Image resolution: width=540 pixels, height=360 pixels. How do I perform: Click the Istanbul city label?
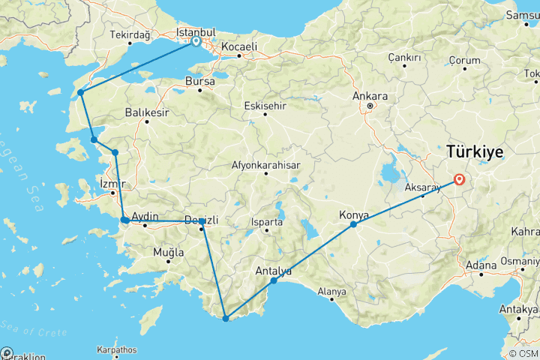[x=196, y=33]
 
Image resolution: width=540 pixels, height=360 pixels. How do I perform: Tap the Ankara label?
[x=372, y=96]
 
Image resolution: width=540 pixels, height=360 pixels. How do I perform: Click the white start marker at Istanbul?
[x=196, y=43]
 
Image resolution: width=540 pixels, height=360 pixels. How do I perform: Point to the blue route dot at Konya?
[x=353, y=224]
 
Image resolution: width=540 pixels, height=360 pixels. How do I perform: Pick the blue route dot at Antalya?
[x=274, y=280]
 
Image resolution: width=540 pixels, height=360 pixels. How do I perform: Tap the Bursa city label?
[x=202, y=81]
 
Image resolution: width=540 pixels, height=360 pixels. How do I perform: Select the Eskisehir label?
[x=265, y=106]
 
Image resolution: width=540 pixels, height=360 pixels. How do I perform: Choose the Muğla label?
[x=169, y=252]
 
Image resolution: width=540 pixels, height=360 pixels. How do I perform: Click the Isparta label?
[x=267, y=223]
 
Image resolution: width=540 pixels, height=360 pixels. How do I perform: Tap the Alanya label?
[x=331, y=291]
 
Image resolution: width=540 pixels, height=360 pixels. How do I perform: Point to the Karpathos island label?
[x=117, y=349]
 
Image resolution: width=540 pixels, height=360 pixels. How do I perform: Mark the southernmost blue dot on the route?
[x=225, y=319]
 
